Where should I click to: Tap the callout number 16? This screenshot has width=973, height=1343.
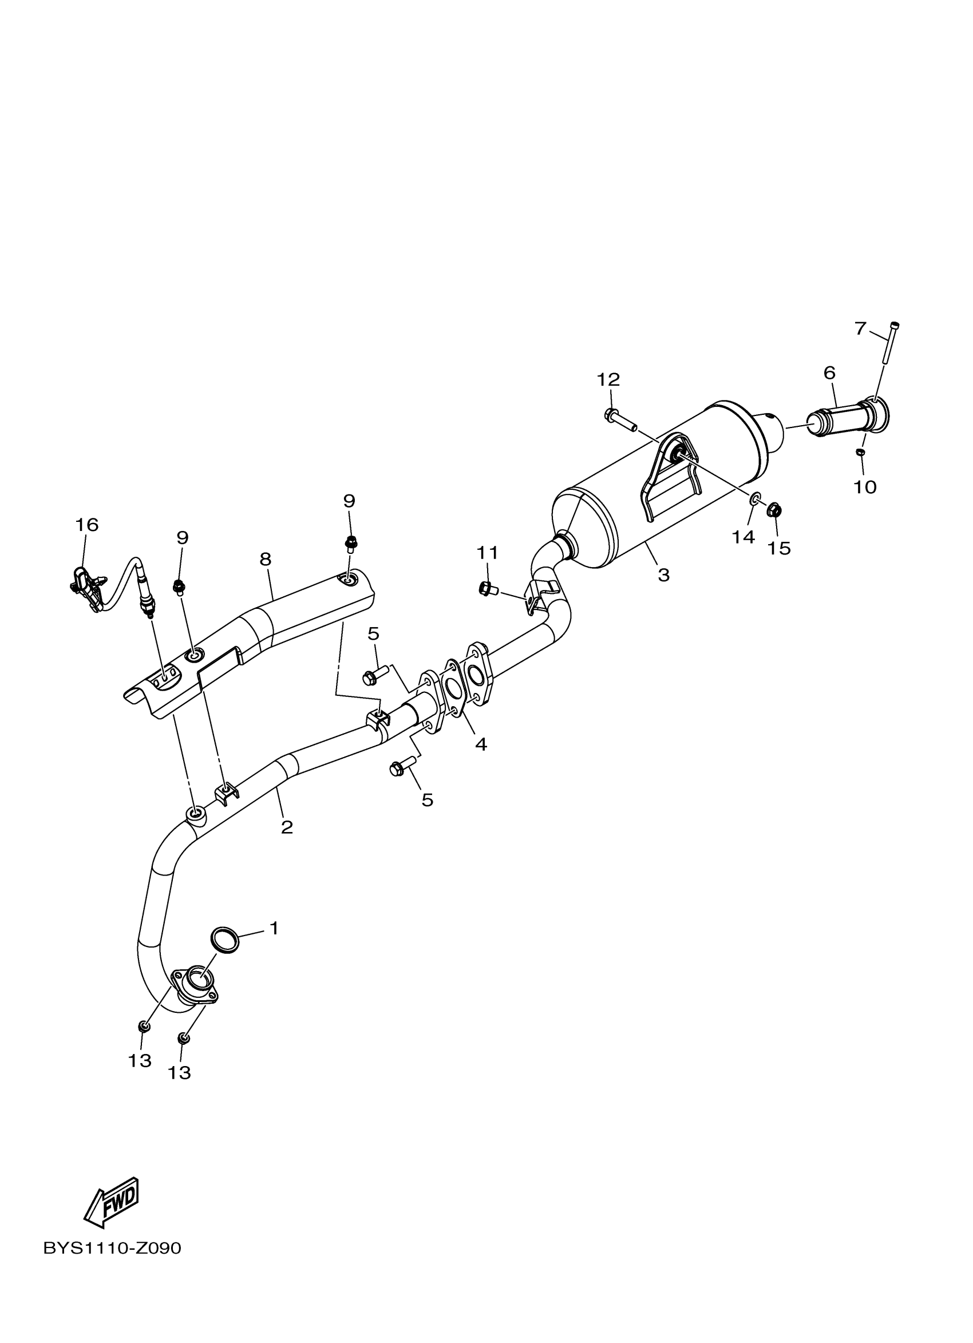tap(86, 525)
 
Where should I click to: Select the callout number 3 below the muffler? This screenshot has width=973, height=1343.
tap(663, 575)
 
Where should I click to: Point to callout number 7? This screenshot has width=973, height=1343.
tap(860, 328)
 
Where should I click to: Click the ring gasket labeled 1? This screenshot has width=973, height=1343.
tap(225, 940)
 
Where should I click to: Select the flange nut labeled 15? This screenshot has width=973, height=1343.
tap(773, 509)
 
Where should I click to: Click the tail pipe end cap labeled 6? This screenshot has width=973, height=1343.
tap(848, 418)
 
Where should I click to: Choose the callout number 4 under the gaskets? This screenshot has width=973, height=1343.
tap(481, 744)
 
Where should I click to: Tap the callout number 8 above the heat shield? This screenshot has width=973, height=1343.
tap(266, 559)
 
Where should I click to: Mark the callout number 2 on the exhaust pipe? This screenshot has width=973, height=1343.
tap(287, 827)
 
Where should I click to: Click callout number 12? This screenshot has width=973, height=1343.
tap(608, 379)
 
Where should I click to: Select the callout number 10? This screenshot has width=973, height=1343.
tap(865, 488)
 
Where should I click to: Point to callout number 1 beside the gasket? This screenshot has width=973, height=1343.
tap(274, 928)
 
